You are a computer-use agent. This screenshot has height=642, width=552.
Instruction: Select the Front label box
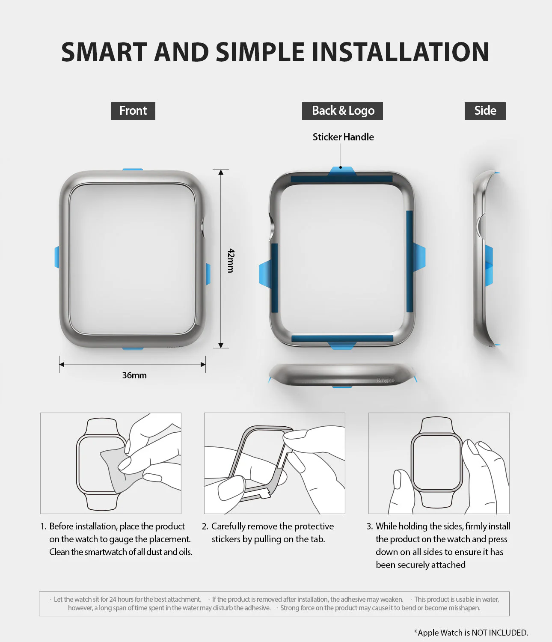(133, 111)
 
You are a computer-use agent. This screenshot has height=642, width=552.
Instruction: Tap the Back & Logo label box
(343, 111)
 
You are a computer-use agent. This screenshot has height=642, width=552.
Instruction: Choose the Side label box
(485, 111)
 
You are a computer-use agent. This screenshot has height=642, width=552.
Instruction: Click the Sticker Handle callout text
(343, 137)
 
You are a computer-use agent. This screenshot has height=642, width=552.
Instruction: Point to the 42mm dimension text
(231, 260)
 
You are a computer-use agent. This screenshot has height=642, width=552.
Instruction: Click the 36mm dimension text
(134, 375)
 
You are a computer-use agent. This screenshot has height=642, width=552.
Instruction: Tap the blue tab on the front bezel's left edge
(57, 257)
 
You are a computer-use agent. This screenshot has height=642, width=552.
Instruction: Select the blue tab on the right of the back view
(419, 257)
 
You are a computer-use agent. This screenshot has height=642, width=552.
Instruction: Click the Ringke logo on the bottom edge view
(385, 380)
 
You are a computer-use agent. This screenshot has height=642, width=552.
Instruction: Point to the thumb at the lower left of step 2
(231, 488)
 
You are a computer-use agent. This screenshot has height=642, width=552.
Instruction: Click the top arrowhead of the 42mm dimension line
(221, 172)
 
